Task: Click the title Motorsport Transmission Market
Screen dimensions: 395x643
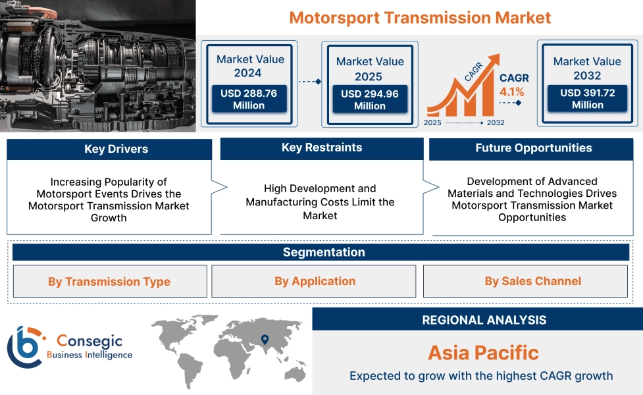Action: click(x=420, y=17)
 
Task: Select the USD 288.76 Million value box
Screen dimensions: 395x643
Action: click(x=249, y=99)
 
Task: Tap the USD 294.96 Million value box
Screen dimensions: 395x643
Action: click(x=369, y=99)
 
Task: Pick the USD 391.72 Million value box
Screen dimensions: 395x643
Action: click(x=587, y=99)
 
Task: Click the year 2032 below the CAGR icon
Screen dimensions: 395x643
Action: click(x=495, y=122)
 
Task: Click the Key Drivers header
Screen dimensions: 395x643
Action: click(x=109, y=149)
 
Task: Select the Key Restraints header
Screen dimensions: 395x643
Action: click(x=321, y=147)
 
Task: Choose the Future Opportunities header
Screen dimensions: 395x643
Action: click(x=533, y=148)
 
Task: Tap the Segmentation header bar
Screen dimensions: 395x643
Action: click(x=323, y=252)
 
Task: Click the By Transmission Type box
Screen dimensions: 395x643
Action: click(x=109, y=281)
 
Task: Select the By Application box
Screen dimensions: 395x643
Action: click(x=314, y=281)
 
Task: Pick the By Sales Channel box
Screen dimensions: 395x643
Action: click(x=532, y=281)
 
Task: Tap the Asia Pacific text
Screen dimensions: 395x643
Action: click(x=483, y=352)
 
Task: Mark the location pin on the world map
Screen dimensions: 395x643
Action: click(x=265, y=340)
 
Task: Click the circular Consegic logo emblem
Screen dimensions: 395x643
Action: click(x=24, y=346)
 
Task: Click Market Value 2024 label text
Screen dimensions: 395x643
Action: click(x=250, y=66)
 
